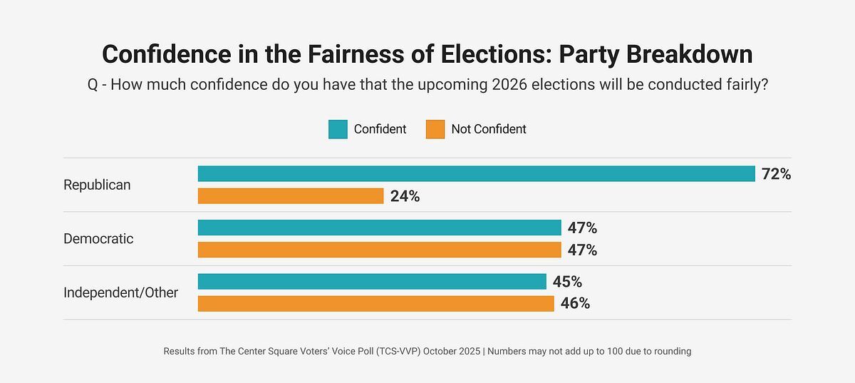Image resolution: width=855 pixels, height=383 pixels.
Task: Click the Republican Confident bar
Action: (x=476, y=174)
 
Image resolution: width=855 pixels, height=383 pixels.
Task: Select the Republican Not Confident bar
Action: (x=291, y=196)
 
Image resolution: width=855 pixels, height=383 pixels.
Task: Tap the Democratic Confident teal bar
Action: (x=379, y=228)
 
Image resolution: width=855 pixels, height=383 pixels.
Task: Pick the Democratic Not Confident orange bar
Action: (x=379, y=250)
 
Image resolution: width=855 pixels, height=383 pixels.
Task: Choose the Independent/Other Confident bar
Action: (x=372, y=282)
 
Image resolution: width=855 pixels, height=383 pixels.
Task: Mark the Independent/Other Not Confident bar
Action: (x=375, y=304)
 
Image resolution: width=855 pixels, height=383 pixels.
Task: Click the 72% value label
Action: (x=776, y=174)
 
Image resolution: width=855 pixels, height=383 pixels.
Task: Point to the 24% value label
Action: (x=405, y=197)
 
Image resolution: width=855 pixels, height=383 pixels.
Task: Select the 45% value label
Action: (x=567, y=282)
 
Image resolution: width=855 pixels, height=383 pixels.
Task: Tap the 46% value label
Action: (x=575, y=304)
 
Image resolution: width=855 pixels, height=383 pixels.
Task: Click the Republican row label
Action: (x=97, y=185)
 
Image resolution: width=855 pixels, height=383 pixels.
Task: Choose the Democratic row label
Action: (x=98, y=239)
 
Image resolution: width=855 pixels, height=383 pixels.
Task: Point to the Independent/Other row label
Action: (x=120, y=292)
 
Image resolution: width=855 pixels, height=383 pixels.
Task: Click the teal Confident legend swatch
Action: (x=338, y=129)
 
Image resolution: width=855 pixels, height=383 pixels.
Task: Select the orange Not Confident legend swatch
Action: (x=435, y=129)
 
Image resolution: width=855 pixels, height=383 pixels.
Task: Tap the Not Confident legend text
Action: (x=489, y=129)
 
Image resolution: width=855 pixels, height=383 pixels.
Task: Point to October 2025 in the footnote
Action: (x=449, y=352)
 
